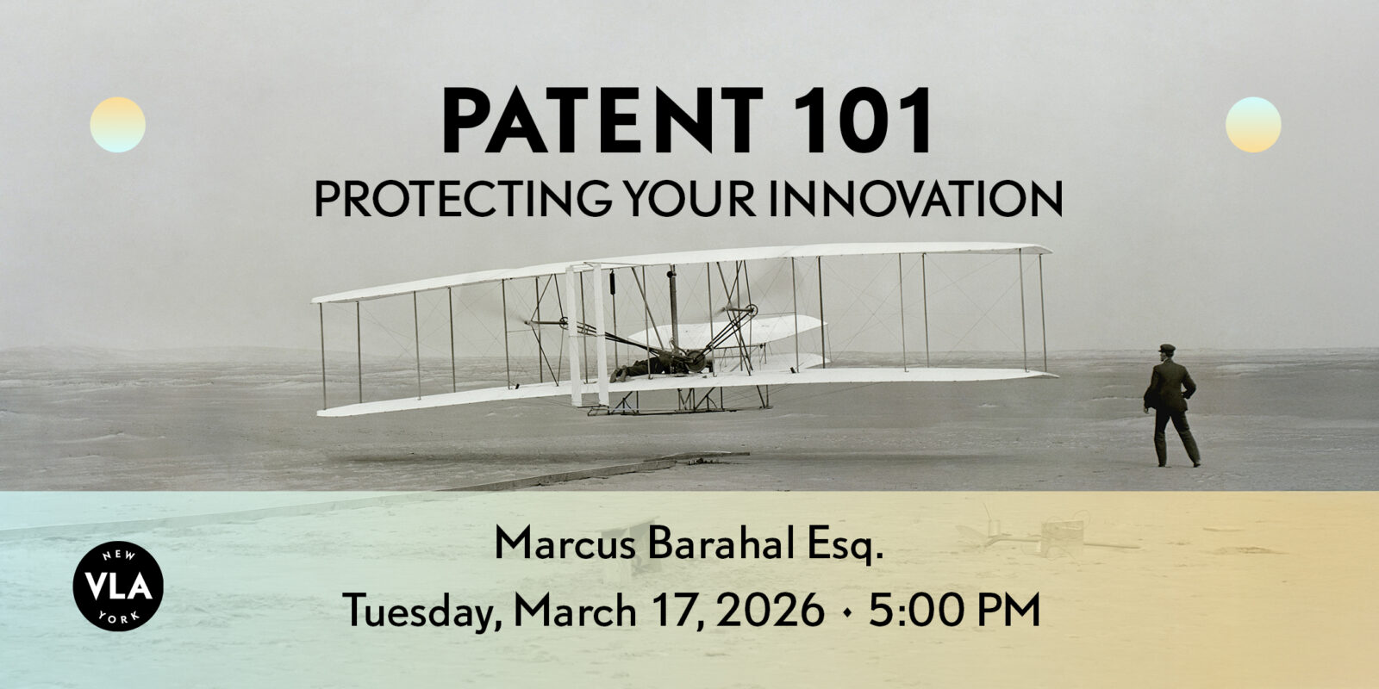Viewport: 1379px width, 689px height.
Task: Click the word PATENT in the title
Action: click(602, 120)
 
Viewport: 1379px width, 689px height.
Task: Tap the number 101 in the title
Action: click(862, 120)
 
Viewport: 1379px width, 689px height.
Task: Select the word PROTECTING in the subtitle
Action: click(462, 198)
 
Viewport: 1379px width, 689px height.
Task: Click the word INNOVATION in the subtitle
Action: click(917, 198)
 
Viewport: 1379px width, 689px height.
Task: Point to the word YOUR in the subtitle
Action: click(689, 198)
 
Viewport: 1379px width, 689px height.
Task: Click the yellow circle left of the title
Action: click(117, 124)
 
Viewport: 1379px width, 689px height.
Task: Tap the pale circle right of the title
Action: click(1253, 124)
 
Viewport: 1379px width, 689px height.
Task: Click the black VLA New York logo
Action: click(118, 586)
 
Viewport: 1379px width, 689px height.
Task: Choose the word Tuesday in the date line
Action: click(422, 611)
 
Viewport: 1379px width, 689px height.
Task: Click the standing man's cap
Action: click(1167, 349)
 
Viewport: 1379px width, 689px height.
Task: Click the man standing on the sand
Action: click(1171, 406)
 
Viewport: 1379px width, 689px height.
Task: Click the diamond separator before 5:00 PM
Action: click(848, 612)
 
